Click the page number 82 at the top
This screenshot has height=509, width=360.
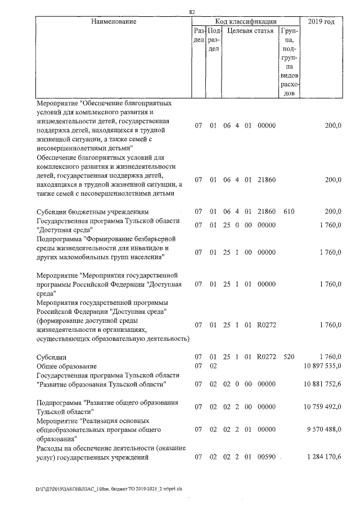tap(192, 11)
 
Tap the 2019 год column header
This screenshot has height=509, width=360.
tap(322, 21)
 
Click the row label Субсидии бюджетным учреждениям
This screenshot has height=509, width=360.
tap(92, 211)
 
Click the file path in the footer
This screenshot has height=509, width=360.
tap(101, 489)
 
